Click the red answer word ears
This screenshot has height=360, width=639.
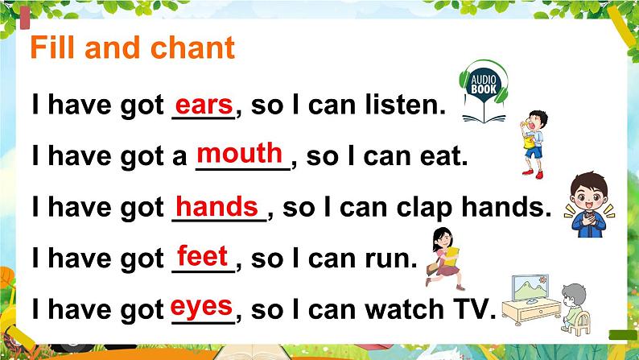click(x=203, y=105)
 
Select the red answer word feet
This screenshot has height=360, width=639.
click(x=202, y=257)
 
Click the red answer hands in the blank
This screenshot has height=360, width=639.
click(x=217, y=205)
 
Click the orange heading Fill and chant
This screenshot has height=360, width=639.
click(x=133, y=48)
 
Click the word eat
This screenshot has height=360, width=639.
click(x=443, y=157)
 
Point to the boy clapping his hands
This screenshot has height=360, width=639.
click(x=593, y=205)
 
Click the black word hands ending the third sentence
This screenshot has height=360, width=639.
click(x=505, y=209)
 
